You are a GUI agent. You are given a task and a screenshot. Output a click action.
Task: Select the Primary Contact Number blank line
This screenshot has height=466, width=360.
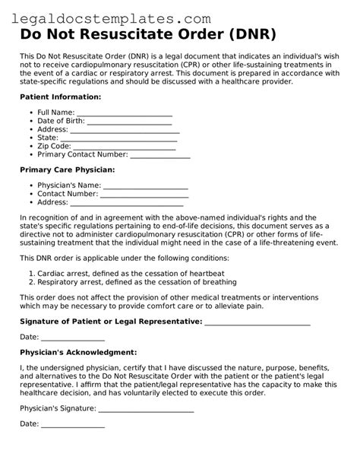coord(157,157)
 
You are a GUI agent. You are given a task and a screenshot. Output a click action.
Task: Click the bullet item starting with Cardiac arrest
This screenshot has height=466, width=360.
coord(125,272)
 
